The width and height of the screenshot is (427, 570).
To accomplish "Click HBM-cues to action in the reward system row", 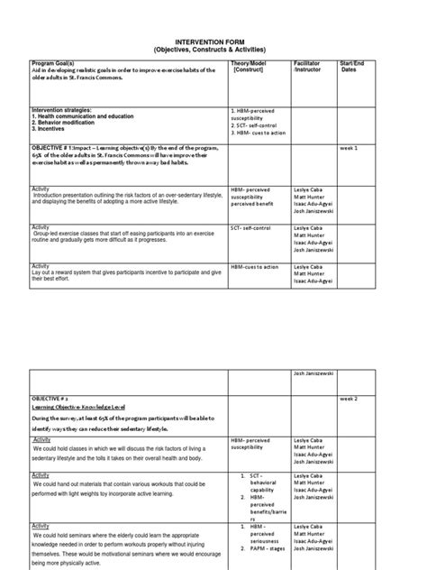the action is [255, 267].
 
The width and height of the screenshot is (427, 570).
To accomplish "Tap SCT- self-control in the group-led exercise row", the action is [250, 229].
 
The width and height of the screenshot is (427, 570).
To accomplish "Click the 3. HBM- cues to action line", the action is [260, 132].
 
